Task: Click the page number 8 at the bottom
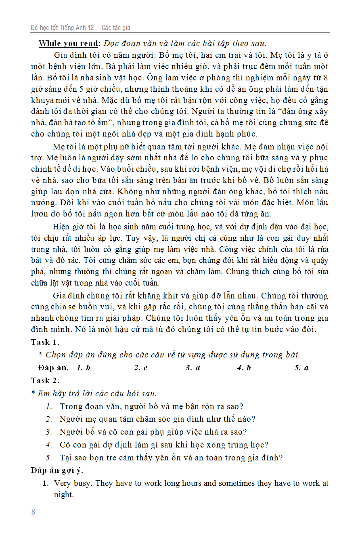pos(33,512)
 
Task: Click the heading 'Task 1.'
pos(45,342)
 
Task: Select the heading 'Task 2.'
pos(45,380)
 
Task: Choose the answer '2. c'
pos(141,368)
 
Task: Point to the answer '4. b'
pos(244,368)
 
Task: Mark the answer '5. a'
pos(301,368)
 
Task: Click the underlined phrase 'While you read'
pos(68,44)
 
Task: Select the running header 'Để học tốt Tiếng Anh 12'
pos(62,28)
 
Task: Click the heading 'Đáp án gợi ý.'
pos(57,470)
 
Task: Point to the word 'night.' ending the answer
pos(64,494)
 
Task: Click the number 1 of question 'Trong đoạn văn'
pos(48,406)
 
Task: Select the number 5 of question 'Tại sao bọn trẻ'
pos(48,458)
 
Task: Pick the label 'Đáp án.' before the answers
pos(53,368)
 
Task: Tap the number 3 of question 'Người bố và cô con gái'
pos(48,432)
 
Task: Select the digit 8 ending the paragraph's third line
pos(326,77)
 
